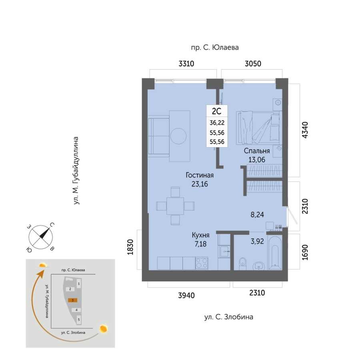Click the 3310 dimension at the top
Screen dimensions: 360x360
pos(186,63)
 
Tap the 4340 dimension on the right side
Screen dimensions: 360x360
pos(305,130)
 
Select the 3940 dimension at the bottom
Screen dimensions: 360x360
pos(186,295)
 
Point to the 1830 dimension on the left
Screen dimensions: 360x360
pos(130,247)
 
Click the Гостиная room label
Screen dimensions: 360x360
pos(200,175)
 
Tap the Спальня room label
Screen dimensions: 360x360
pos(257,151)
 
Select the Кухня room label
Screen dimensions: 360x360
pos(200,235)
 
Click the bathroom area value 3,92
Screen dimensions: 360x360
pos(257,241)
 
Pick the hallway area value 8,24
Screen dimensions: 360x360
pos(257,215)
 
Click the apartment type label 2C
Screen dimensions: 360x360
pos(216,111)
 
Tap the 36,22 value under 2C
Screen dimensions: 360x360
pos(217,123)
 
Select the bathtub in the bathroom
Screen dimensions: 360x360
pos(275,252)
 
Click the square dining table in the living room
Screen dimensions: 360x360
pos(175,206)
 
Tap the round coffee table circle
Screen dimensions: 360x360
pos(178,136)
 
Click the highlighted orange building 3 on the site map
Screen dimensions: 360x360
pos(72,300)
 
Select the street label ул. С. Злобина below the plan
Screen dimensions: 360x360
pos(229,317)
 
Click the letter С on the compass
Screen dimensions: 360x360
pos(52,225)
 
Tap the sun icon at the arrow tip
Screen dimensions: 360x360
pos(43,266)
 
